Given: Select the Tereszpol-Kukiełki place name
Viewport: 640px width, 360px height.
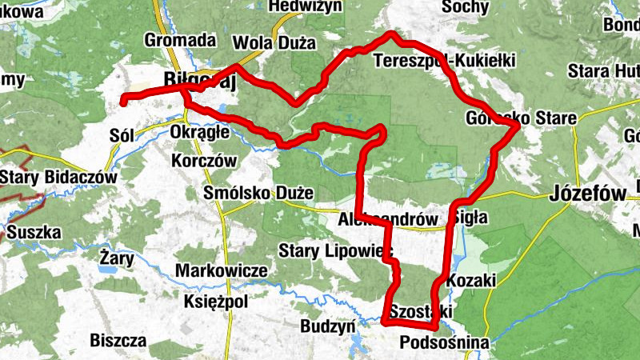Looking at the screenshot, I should (x=445, y=61).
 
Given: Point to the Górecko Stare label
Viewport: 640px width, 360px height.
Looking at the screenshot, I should (x=520, y=119).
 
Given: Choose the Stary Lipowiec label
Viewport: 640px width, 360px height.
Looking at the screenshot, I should (x=337, y=251).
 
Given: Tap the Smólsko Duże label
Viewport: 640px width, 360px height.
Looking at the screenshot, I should (x=247, y=194).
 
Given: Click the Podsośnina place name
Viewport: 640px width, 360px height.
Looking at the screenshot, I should (x=443, y=342).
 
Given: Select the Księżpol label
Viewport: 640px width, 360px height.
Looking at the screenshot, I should (x=216, y=302).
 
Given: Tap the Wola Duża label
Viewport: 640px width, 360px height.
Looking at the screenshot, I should (x=274, y=42).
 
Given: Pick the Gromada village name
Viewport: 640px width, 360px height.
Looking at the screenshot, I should (x=181, y=39).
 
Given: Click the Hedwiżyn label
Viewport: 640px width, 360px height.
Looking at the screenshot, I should (x=306, y=6).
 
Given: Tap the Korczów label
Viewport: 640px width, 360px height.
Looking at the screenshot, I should (x=205, y=160).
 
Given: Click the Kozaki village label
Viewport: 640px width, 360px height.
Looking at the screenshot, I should (x=472, y=280).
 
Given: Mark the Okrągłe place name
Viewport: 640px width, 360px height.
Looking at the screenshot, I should (x=201, y=130).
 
